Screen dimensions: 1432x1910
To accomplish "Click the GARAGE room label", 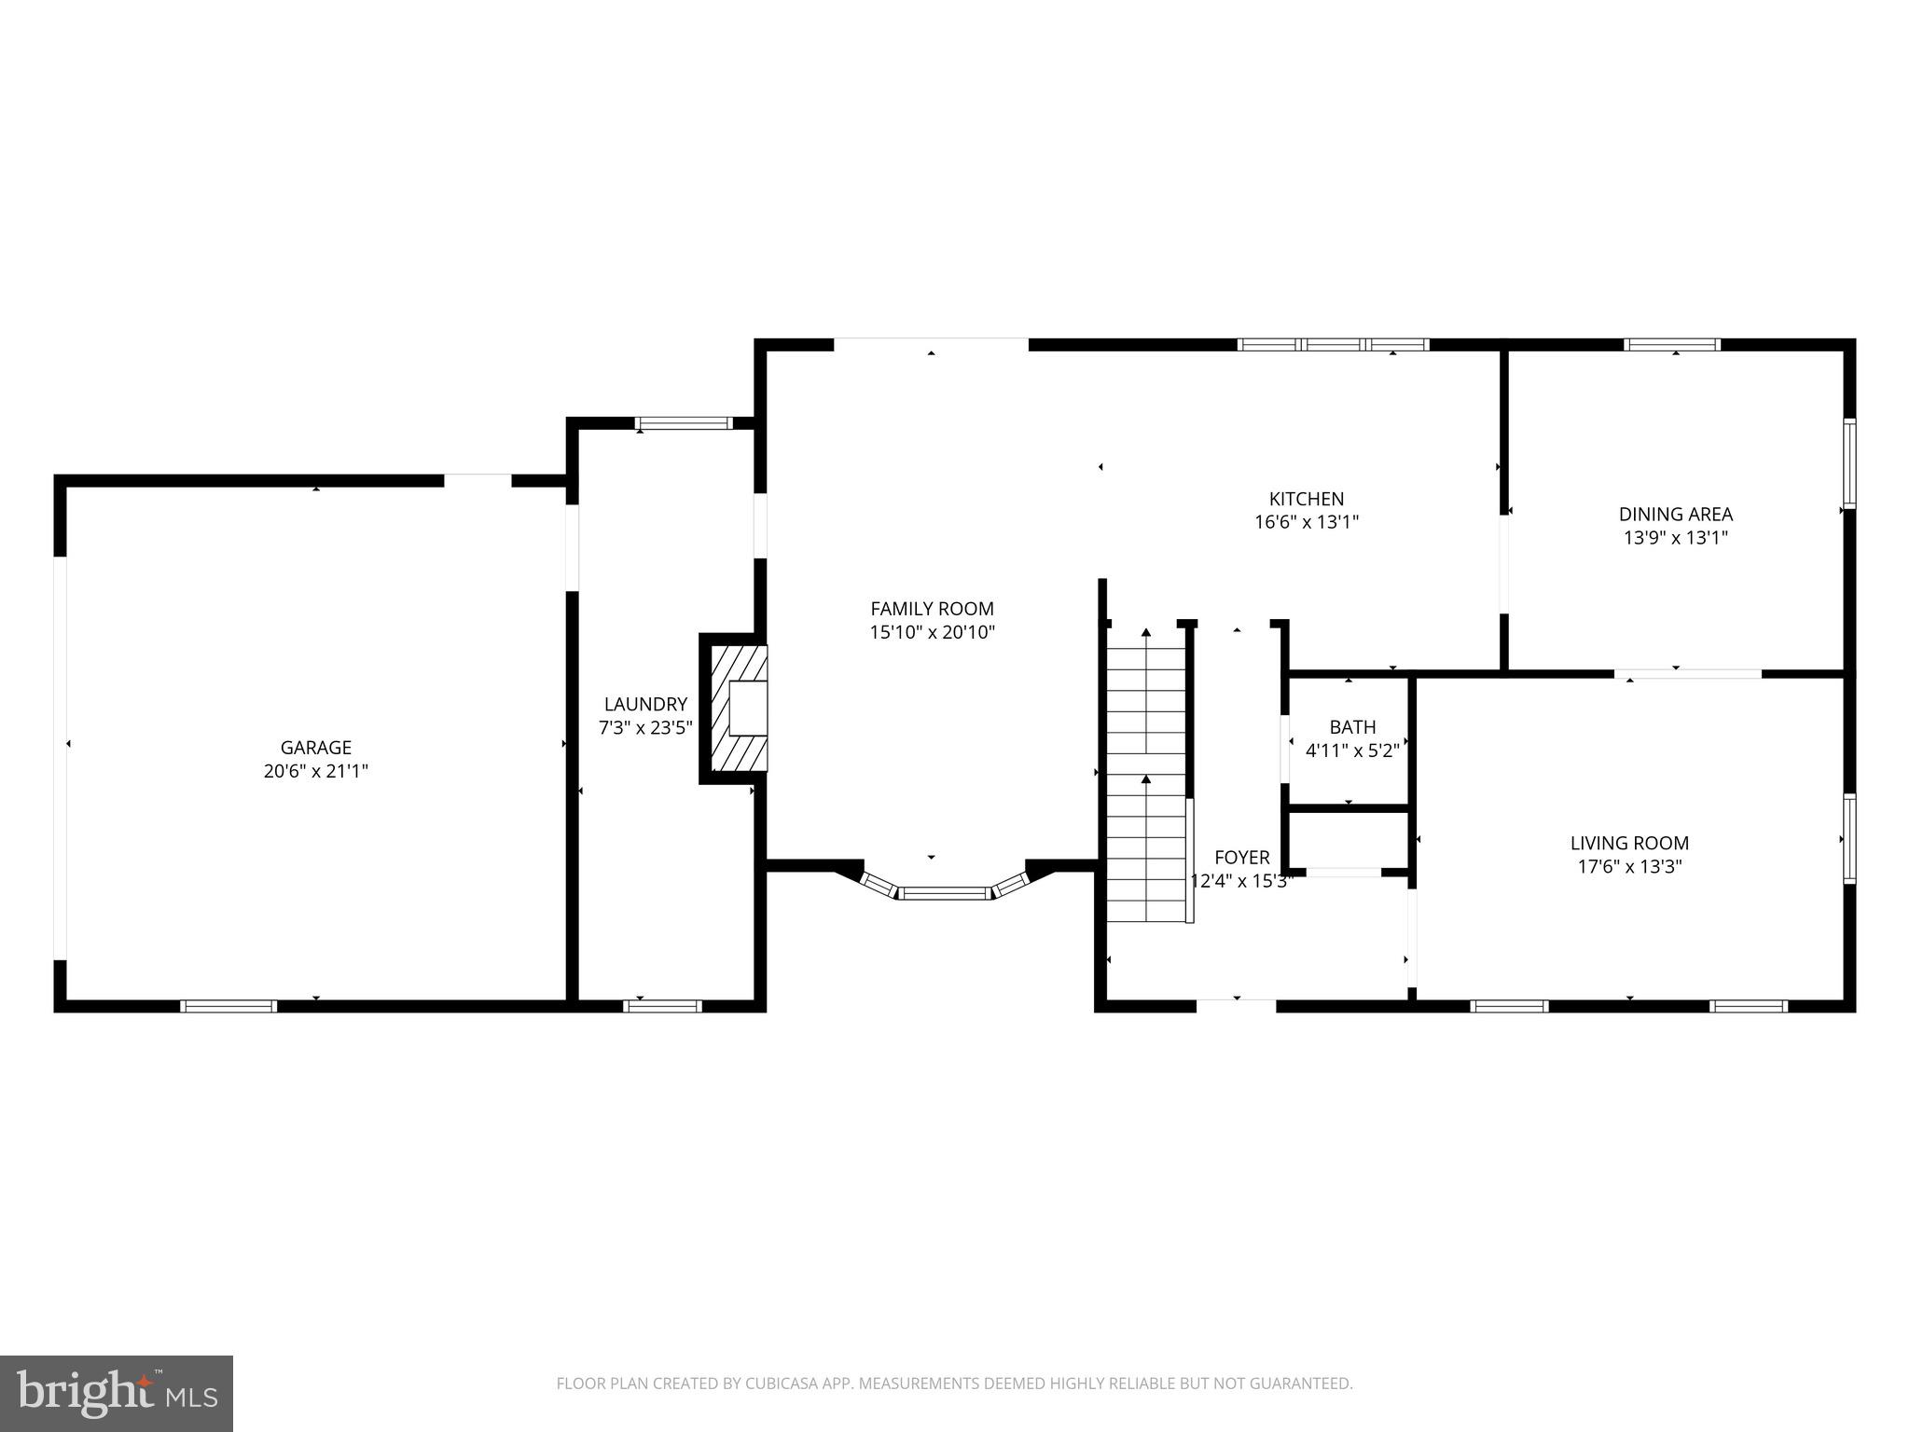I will pos(315,748).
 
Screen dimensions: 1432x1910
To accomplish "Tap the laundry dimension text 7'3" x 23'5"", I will pos(644,727).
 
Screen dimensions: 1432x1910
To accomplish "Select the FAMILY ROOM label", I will pos(932,609).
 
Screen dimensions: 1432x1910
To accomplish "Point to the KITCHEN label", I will pos(1306,499).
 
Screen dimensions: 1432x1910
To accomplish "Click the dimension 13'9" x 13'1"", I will pos(1675,537).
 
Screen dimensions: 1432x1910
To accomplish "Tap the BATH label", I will pos(1352,726).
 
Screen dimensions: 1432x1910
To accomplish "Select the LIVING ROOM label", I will pos(1628,843).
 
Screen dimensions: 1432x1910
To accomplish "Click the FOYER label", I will pos(1241,857).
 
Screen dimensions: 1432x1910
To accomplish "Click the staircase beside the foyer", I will pos(1145,774).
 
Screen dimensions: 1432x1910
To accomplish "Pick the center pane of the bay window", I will pos(945,893).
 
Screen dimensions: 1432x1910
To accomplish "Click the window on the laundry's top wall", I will pos(684,423).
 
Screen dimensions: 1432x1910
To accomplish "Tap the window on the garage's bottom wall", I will pos(228,1006).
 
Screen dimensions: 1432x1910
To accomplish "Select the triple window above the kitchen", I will pos(1332,345).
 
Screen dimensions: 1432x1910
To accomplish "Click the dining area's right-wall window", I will pos(1848,463).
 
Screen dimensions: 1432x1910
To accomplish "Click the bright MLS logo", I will pos(116,1393).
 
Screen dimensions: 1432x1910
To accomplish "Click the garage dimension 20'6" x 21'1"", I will pos(315,771).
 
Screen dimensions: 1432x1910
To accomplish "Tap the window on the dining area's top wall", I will pos(1671,345).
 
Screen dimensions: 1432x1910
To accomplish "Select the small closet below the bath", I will pos(1348,839).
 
